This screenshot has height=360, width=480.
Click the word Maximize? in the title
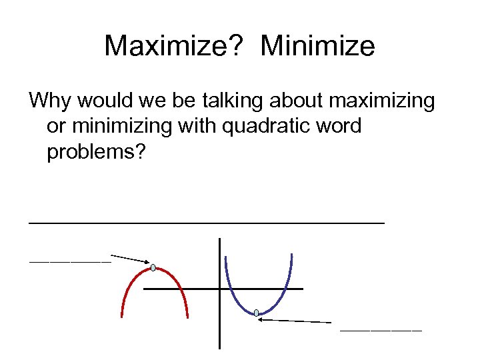177,47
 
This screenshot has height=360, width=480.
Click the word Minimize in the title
318,47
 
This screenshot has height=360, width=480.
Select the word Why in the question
51,101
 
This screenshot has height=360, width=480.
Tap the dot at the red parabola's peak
153,268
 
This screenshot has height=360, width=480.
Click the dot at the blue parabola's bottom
256,313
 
